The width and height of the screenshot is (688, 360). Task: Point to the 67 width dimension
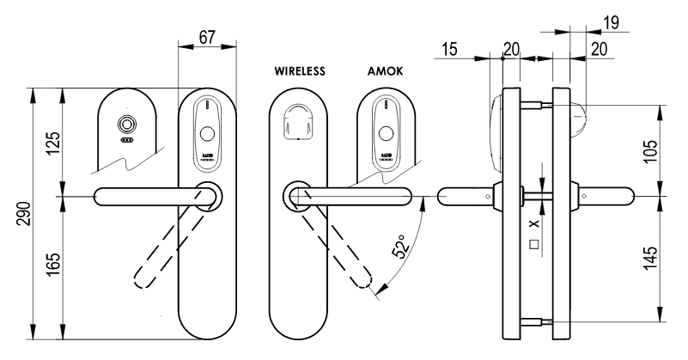(x=205, y=39)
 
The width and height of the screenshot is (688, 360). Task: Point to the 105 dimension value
(x=650, y=150)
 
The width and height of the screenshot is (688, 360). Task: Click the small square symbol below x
(x=534, y=244)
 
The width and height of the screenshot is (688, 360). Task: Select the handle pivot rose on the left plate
(x=207, y=196)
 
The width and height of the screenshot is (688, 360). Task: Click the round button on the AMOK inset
(x=386, y=134)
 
